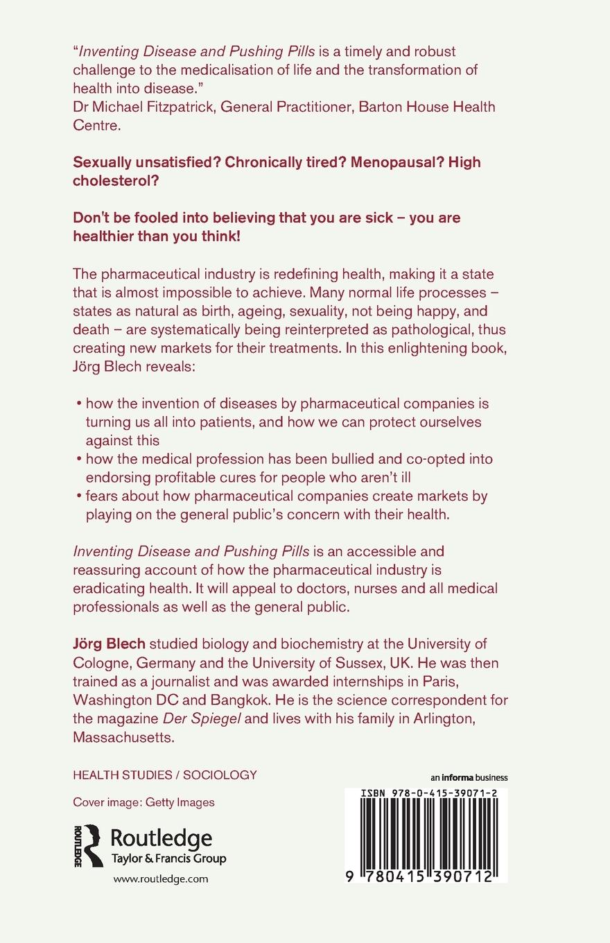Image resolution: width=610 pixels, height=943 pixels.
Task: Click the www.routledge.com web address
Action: (160, 879)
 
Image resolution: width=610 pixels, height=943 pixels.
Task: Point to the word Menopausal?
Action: (394, 162)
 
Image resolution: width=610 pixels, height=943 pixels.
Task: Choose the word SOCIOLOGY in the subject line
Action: (220, 775)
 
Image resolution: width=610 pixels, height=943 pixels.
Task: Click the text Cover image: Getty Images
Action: (143, 802)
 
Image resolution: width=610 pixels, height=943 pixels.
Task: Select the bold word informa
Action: (458, 777)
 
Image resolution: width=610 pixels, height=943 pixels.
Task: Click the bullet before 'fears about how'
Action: (80, 496)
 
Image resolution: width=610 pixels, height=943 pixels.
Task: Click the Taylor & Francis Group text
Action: (169, 859)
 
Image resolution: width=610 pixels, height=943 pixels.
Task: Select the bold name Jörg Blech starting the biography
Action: (109, 643)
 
